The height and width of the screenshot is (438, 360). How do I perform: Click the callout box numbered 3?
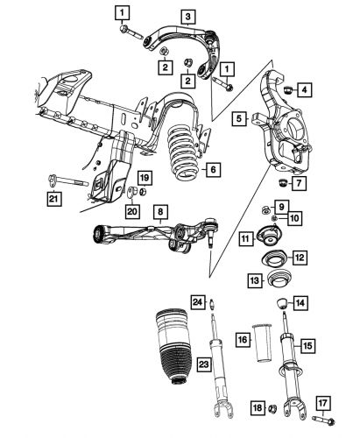click(x=187, y=16)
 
